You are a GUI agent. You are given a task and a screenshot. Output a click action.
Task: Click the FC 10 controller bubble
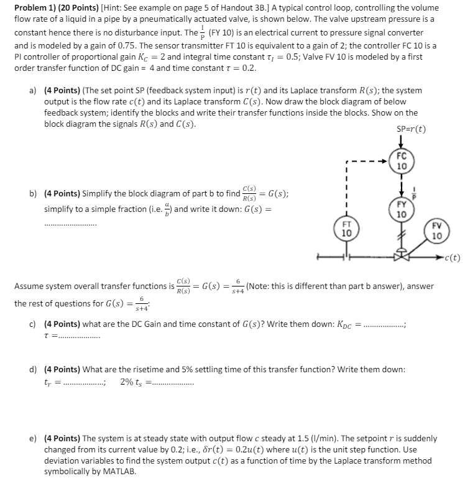coord(402,162)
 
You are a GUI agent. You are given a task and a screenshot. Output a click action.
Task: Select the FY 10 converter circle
coord(402,209)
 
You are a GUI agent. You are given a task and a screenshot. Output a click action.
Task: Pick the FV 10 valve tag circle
coord(436,231)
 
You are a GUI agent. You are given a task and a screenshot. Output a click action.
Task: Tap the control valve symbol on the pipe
coord(402,254)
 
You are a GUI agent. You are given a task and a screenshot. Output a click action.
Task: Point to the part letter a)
coord(33,90)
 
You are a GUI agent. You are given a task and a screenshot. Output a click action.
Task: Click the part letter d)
coord(33,369)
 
